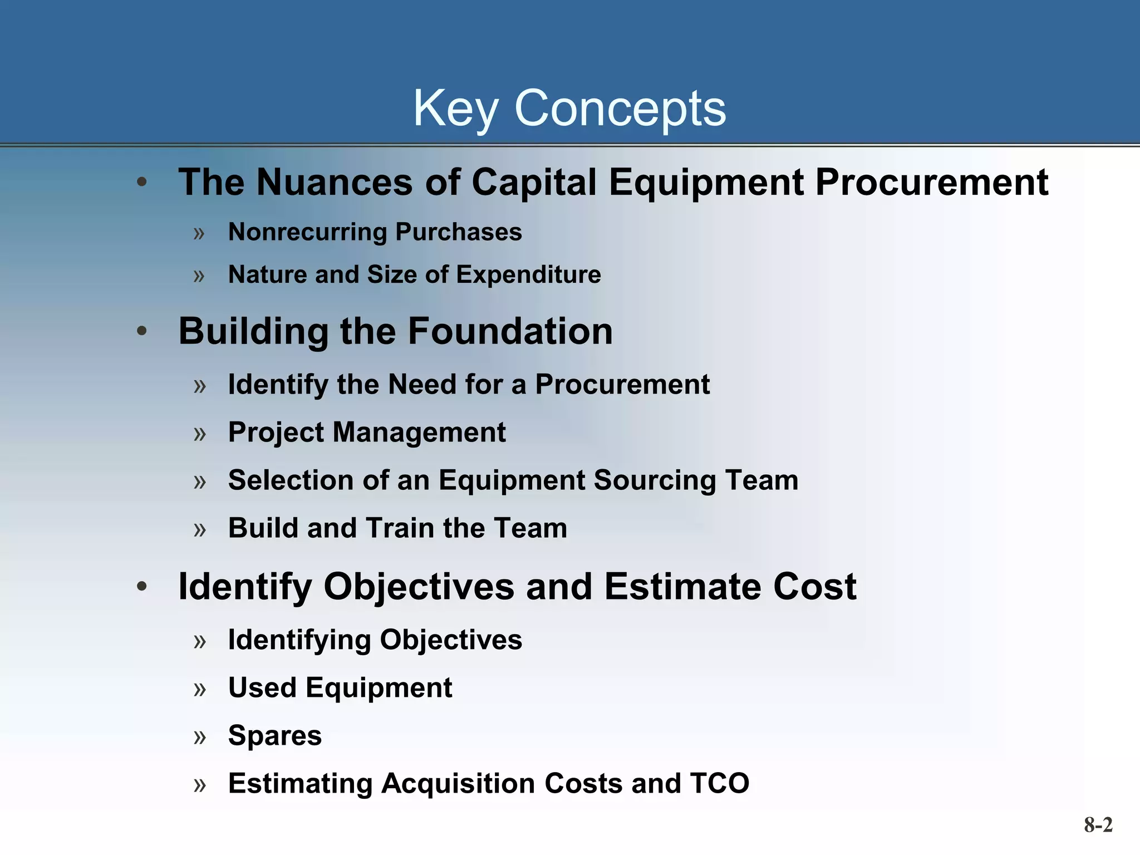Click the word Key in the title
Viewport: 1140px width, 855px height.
(x=455, y=109)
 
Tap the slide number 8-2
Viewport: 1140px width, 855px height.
(x=1098, y=824)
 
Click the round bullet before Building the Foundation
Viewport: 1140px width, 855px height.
(x=142, y=331)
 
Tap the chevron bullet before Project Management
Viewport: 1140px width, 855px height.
(x=200, y=434)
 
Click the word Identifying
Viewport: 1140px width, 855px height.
(x=299, y=640)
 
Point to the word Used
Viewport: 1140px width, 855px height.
(x=262, y=688)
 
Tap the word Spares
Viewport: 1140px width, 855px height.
(x=275, y=736)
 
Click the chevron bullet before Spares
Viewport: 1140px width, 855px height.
(x=200, y=738)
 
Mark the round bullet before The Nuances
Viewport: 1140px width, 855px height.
(x=142, y=182)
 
